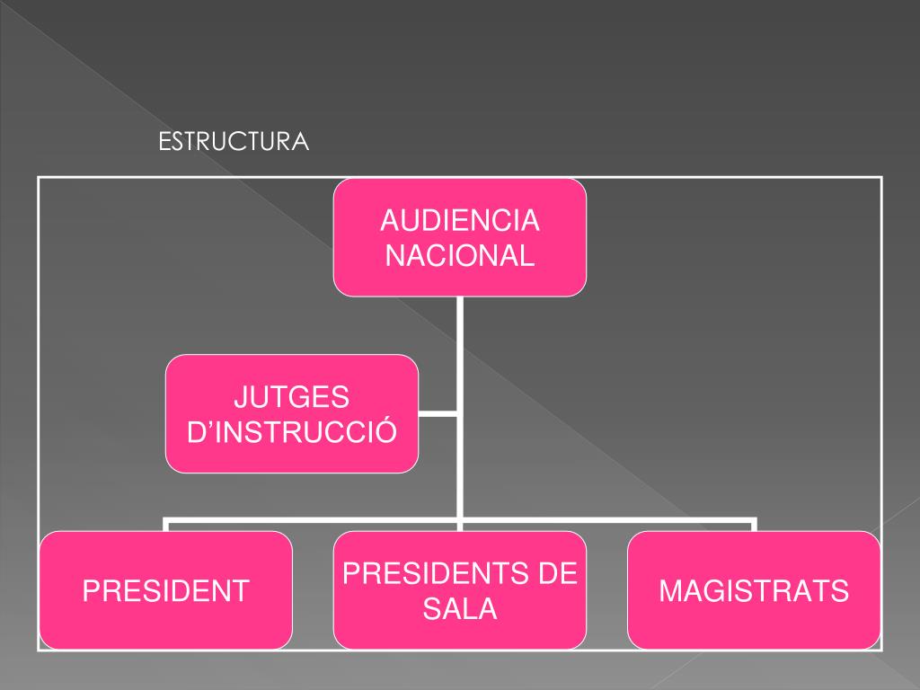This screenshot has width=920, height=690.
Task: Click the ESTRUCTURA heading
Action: (234, 142)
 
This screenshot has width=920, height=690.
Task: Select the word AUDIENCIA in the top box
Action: (460, 220)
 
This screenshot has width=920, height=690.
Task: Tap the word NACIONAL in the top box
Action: (460, 255)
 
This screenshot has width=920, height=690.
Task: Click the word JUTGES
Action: (291, 396)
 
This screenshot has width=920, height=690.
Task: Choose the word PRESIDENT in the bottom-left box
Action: (165, 590)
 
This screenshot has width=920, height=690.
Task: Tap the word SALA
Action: (460, 609)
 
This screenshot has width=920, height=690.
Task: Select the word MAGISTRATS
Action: (754, 590)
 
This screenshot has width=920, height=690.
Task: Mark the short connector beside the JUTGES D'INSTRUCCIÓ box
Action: (438, 413)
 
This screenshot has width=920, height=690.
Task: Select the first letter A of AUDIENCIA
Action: (388, 220)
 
